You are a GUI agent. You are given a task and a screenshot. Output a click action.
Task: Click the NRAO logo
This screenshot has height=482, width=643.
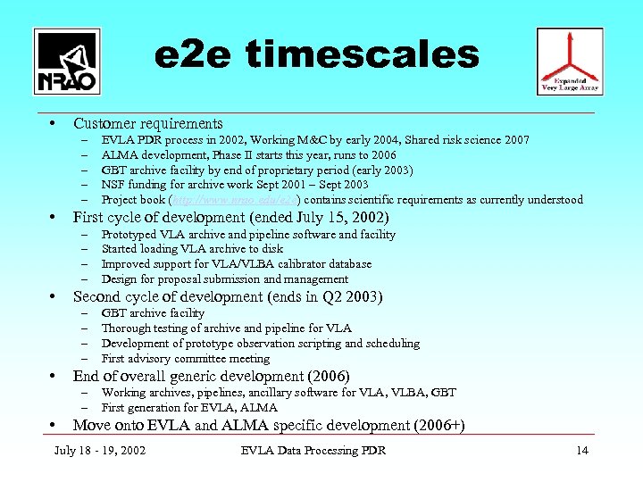click(x=66, y=61)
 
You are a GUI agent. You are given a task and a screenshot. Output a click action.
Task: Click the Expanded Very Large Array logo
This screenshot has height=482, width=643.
click(x=569, y=61)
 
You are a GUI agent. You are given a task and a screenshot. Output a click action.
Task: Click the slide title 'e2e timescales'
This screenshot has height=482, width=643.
click(x=317, y=55)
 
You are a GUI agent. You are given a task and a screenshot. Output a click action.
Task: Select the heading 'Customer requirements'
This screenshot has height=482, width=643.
click(x=148, y=123)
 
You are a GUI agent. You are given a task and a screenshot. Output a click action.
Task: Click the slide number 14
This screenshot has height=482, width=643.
click(x=582, y=450)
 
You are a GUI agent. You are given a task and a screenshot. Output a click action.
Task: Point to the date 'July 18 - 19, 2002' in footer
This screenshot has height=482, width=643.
click(x=100, y=450)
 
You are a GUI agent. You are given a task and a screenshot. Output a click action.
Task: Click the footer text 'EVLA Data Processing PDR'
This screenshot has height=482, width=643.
click(x=313, y=450)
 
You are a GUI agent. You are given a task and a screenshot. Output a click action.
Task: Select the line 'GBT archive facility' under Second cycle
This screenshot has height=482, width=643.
click(x=153, y=313)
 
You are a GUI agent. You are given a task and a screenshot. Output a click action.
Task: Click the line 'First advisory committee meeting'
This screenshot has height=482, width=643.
click(x=186, y=358)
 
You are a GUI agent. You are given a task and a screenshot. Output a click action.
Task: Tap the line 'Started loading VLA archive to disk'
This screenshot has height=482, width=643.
click(x=192, y=249)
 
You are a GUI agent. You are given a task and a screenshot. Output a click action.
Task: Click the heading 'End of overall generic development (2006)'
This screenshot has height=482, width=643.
click(x=211, y=376)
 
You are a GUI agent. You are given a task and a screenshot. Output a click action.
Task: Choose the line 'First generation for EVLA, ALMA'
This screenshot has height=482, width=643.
click(x=189, y=407)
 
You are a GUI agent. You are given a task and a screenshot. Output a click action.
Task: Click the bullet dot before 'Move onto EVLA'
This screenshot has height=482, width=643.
click(x=54, y=425)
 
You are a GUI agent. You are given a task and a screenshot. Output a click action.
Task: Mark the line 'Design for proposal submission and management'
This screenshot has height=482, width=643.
click(x=225, y=279)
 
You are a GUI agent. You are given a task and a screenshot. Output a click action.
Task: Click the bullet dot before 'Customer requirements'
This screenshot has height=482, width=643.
click(x=54, y=123)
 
